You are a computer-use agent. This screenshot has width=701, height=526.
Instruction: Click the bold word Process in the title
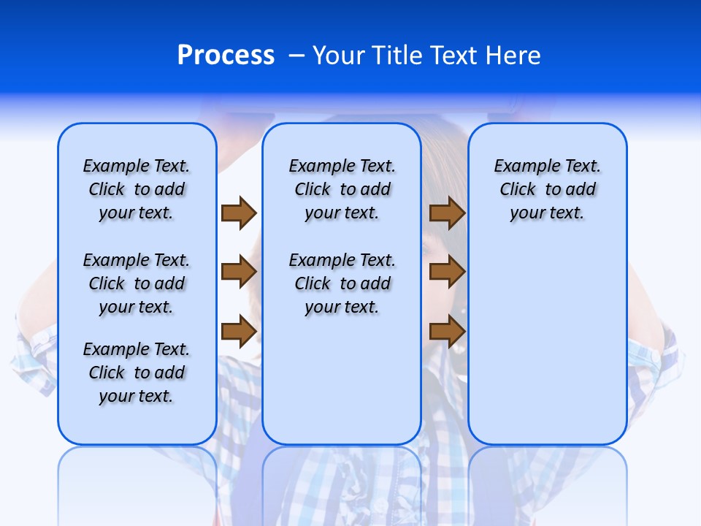[226, 56]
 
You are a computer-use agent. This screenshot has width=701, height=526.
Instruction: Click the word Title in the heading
[398, 56]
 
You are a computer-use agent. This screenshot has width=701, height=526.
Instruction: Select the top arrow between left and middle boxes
[239, 213]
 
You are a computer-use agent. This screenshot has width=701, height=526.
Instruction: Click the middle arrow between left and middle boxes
[239, 272]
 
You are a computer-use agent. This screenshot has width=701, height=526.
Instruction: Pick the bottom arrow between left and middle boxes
[239, 331]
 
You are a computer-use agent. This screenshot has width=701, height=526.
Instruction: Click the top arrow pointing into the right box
[447, 213]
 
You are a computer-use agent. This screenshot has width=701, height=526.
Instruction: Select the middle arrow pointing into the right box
[447, 272]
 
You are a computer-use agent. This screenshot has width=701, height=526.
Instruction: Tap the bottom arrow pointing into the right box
[447, 331]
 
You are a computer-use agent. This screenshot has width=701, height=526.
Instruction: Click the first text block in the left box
[137, 189]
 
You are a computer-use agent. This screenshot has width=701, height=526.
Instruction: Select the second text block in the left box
[137, 283]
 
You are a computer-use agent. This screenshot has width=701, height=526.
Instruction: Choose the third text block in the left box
[137, 373]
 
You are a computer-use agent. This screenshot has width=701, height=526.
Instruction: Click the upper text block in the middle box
[342, 189]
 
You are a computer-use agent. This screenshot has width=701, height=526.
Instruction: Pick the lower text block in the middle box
[342, 283]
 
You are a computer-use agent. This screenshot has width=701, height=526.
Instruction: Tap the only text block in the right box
[547, 189]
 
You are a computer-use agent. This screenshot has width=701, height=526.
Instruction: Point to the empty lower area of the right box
[547, 343]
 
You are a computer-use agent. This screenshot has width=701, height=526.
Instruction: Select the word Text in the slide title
[453, 56]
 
